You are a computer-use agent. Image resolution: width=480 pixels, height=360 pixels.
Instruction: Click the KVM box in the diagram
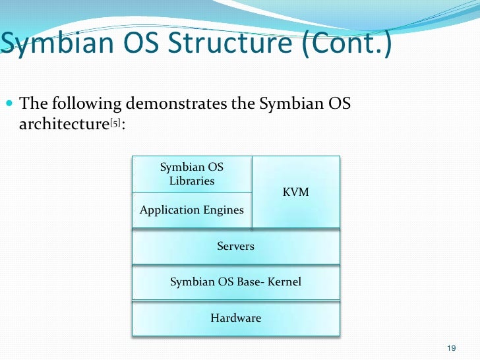296,191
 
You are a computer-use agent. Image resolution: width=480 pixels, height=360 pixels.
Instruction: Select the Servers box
235,246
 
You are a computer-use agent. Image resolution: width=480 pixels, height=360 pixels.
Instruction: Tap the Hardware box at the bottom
235,318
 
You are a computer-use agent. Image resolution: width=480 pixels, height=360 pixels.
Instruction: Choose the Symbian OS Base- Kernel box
235,282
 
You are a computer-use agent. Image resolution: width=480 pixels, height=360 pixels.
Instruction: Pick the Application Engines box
191,210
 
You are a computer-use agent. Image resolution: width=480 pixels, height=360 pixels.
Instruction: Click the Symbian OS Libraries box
191,174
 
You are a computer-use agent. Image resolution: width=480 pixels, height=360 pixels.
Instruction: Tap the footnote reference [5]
114,125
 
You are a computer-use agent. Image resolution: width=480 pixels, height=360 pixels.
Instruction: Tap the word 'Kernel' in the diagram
284,282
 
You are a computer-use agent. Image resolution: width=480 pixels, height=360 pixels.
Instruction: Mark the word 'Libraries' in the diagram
191,181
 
